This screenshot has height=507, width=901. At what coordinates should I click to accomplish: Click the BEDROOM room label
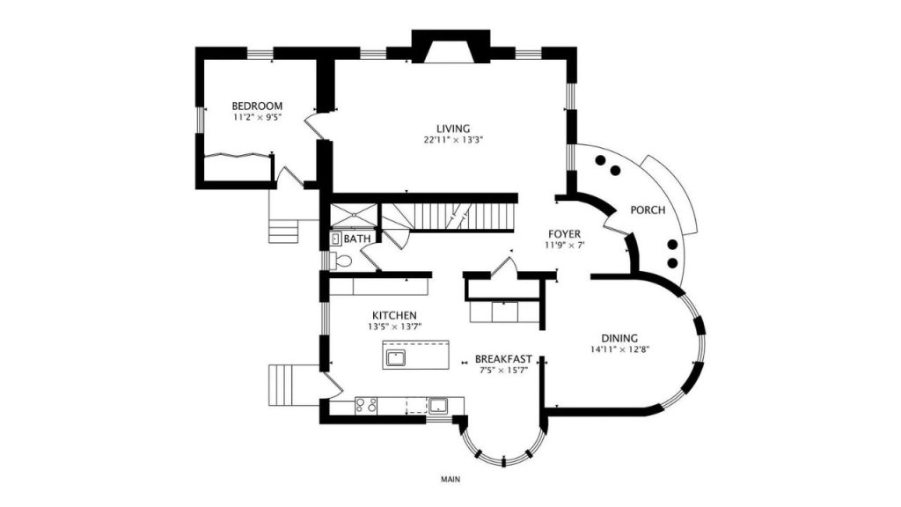pos(257,107)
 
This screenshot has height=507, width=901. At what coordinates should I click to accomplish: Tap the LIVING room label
pos(453,129)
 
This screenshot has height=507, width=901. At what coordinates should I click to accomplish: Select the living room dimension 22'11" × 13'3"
pos(453,140)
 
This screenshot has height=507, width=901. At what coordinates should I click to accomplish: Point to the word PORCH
pos(648,210)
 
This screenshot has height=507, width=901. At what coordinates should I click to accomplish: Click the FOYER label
pos(564,234)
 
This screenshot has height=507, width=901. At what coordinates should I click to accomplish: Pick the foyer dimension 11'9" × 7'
pos(564,246)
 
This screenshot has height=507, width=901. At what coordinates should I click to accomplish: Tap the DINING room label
pos(619,339)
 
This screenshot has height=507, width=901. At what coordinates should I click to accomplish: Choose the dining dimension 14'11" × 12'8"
pos(619,349)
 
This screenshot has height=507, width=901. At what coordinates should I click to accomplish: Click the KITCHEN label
pos(394,316)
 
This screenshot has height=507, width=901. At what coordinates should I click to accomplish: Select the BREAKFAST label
pos(503,359)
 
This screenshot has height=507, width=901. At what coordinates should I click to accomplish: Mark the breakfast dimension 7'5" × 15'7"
pos(503,371)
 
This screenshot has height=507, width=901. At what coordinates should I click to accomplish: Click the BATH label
pos(357,239)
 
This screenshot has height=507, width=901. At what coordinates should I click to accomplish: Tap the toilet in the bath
pos(341,261)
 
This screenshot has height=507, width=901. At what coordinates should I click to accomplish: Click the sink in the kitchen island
pos(395,358)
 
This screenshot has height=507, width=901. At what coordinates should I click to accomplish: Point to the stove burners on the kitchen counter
pos(366,405)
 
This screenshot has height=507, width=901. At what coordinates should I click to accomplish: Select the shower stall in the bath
pos(354,216)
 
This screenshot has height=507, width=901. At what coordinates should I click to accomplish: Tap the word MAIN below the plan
pos(450,480)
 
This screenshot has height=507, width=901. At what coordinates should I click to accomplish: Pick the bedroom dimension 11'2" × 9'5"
pos(257,117)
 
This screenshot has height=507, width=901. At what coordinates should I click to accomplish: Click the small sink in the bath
pos(336,239)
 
